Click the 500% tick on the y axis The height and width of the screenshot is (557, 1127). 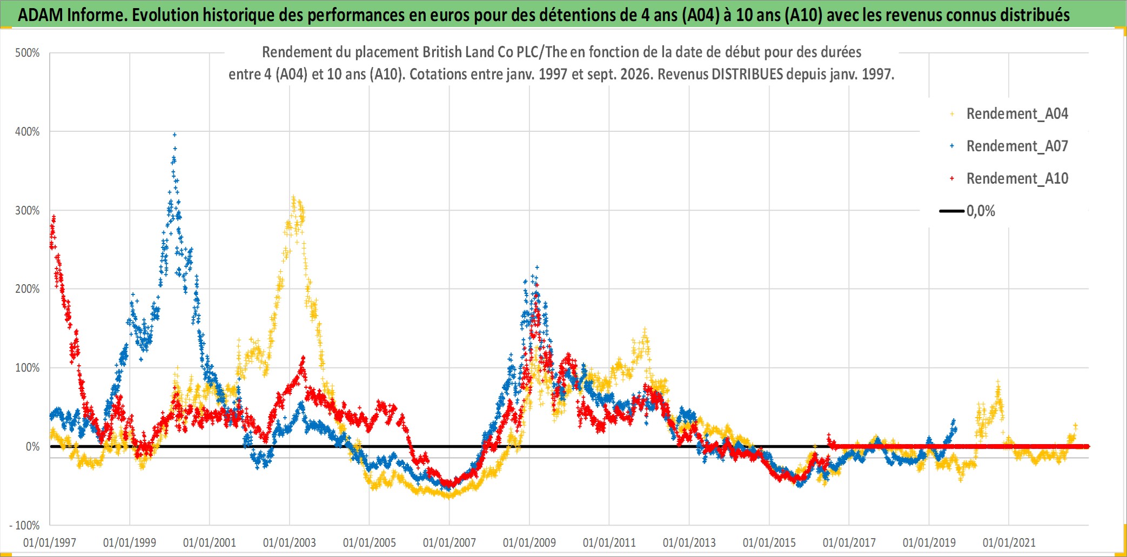tap(27, 53)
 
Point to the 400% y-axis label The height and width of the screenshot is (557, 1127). tap(27, 132)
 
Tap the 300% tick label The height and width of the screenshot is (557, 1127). tap(27, 211)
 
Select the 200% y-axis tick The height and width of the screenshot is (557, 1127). tap(27, 289)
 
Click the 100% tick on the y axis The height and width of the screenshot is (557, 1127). tap(27, 368)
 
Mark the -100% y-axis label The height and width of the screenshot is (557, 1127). tap(24, 525)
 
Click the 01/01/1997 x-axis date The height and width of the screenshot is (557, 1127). tap(50, 542)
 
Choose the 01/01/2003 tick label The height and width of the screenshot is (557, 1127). tap(290, 542)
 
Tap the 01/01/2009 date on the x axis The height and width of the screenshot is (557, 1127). tap(529, 542)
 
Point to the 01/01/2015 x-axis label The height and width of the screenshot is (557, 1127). tap(769, 542)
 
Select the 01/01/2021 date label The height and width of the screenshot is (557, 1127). tap(1009, 542)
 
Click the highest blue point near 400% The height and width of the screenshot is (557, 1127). tap(175, 135)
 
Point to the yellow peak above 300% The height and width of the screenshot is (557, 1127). tap(293, 197)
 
